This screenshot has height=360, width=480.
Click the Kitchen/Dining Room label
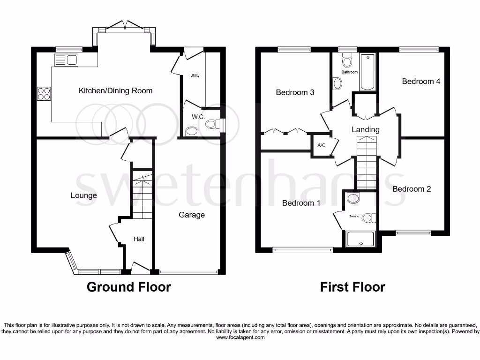coord(115,90)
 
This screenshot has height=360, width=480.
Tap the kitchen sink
coord(66,60)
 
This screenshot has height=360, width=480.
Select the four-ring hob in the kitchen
coord(44,94)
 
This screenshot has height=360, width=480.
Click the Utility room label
coord(195,75)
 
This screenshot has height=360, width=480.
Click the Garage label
coord(192,215)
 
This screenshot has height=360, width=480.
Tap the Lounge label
coord(84,195)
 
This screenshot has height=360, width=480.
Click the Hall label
coord(139,239)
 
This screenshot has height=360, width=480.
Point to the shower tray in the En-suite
coord(360,239)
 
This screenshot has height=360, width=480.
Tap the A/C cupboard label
coord(321,145)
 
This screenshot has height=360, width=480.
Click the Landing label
coord(366,129)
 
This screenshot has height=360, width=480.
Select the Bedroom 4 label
coord(421,81)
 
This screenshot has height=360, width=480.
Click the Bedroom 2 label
coord(412,189)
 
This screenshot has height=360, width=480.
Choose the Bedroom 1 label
coord(301,203)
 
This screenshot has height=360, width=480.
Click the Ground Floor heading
coord(129,287)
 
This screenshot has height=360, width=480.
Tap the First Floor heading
coord(352,287)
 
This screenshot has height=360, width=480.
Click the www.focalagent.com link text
coord(240,337)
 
